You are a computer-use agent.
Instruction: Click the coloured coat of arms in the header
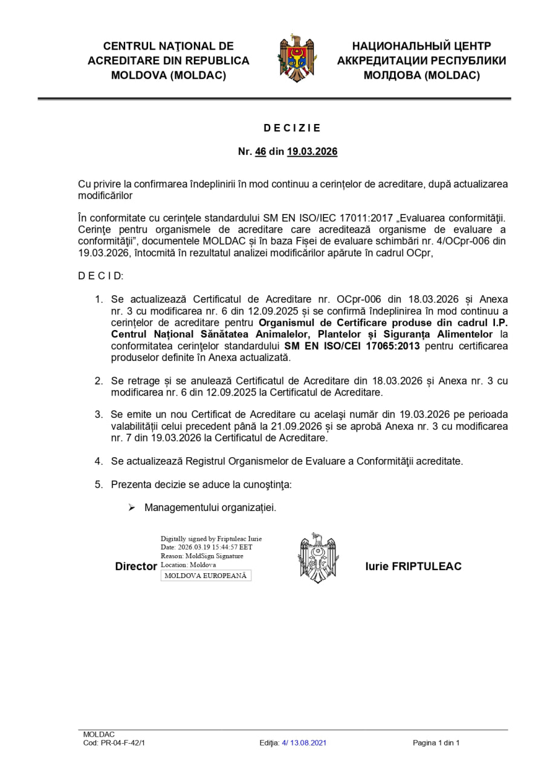tap(297, 59)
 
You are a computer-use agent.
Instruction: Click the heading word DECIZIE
tap(292, 128)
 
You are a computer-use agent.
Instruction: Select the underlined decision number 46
tap(261, 152)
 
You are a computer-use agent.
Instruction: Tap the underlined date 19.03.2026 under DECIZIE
tap(312, 152)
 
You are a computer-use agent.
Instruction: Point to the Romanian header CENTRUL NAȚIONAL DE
tap(168, 46)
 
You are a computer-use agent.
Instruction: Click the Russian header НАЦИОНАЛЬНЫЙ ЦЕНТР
tap(421, 46)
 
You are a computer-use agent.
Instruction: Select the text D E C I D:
tap(100, 276)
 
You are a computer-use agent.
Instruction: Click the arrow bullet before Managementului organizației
tap(131, 507)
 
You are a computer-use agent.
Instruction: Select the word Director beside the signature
tap(136, 567)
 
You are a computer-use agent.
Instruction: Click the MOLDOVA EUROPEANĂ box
tap(206, 576)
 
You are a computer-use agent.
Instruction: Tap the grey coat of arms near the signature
tap(319, 558)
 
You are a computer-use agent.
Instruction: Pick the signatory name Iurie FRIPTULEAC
tap(413, 567)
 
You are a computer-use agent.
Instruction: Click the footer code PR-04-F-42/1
tap(123, 743)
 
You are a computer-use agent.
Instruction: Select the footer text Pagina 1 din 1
tap(436, 743)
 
